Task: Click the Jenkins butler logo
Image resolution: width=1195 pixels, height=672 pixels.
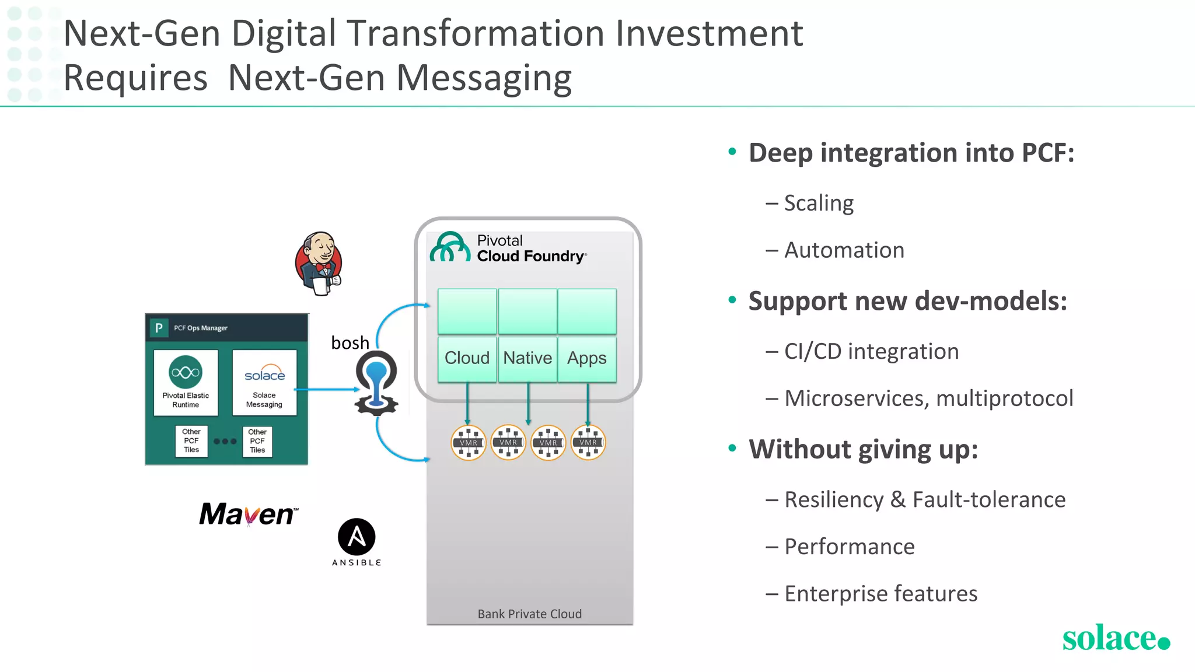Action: (319, 263)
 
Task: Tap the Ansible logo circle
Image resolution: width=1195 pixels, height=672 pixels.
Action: (357, 537)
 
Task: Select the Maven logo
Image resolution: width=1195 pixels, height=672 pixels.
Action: (249, 514)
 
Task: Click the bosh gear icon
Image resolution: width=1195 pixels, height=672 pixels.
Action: (376, 383)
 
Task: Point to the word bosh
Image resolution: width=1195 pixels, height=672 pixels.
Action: (350, 342)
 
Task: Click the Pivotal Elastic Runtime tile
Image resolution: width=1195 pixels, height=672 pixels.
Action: (186, 383)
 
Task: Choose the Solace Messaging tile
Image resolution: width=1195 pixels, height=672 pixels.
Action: (264, 383)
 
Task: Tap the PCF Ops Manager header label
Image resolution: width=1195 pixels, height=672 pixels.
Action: (201, 328)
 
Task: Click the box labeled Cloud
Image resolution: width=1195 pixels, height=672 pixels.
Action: (467, 358)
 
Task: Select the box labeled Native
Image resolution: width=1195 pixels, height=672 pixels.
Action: (527, 358)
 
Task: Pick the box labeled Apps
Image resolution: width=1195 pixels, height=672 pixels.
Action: (587, 358)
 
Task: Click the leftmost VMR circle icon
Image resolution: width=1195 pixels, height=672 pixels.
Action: (469, 442)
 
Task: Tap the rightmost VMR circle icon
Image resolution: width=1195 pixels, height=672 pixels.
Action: (588, 442)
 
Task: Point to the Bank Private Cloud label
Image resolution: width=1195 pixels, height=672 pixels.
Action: (530, 614)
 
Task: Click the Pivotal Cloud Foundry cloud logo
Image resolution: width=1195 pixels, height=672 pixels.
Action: (450, 247)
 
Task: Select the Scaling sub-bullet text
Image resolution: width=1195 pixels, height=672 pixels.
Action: (819, 203)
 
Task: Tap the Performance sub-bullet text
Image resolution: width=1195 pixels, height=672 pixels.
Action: (850, 547)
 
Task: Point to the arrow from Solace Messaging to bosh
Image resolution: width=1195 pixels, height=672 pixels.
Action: (327, 389)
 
